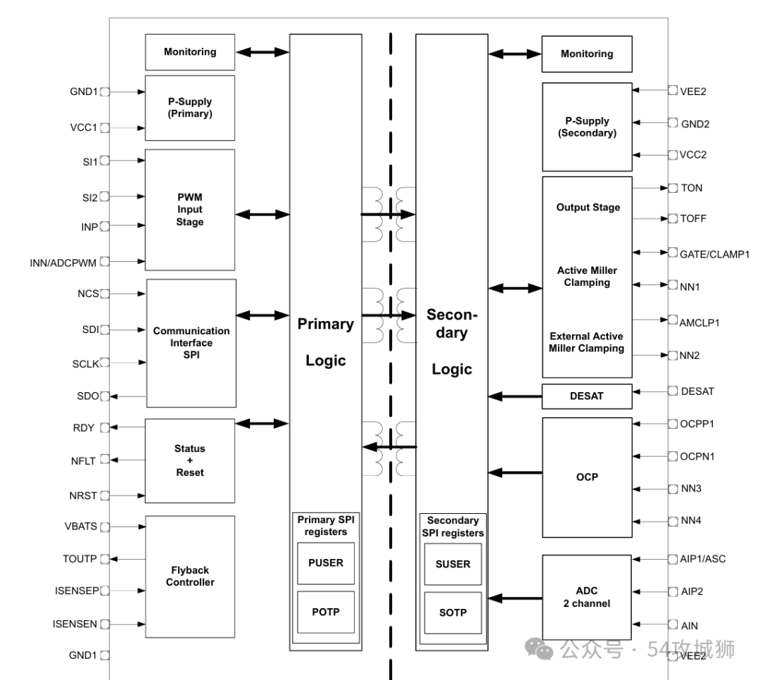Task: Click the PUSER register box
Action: coord(325,563)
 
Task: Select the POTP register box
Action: coord(325,612)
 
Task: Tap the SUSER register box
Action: coord(452,564)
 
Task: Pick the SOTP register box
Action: coord(452,612)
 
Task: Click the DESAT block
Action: coord(587,396)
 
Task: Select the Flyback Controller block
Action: coord(190,576)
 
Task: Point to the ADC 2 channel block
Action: coord(587,598)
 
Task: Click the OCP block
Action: coord(587,477)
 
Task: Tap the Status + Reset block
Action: coord(190,460)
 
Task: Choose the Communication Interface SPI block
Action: coord(191,343)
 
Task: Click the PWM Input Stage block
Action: coord(190,210)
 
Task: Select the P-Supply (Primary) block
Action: coord(190,108)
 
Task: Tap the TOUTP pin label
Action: coord(80,559)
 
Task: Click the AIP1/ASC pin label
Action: coord(703,559)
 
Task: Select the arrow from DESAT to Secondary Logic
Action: coord(515,396)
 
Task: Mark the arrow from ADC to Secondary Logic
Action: coord(515,598)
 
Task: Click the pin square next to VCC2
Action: coord(673,154)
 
